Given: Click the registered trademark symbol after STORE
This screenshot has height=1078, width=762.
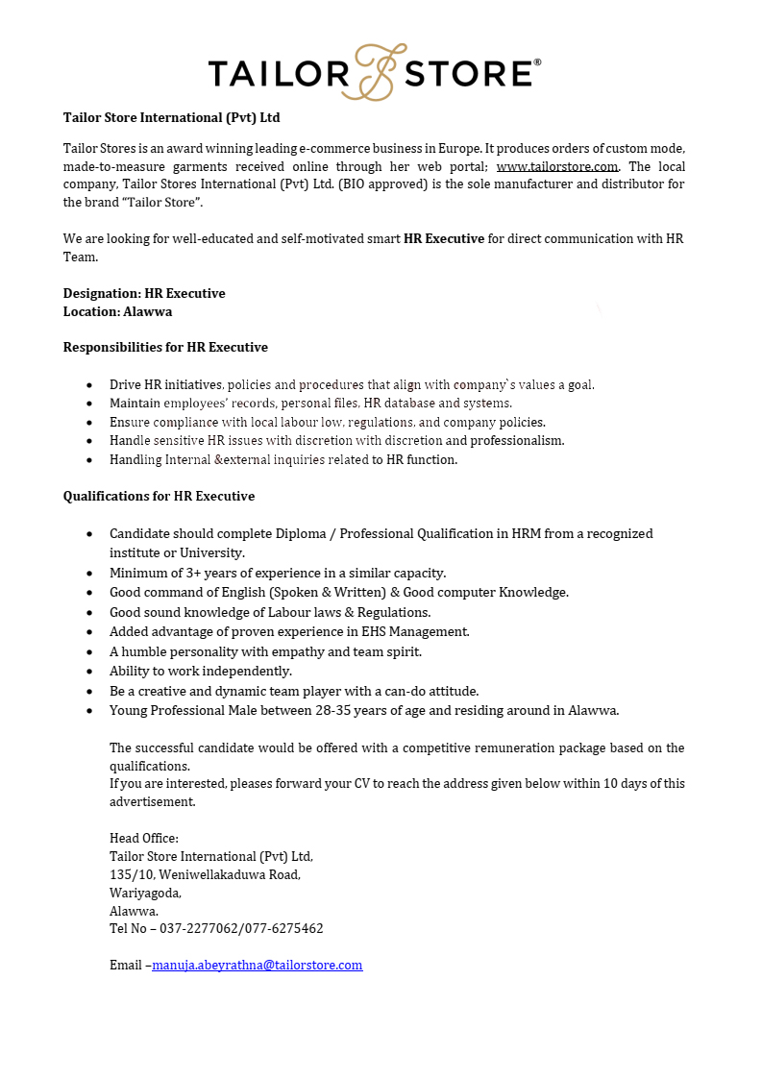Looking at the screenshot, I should point(537,62).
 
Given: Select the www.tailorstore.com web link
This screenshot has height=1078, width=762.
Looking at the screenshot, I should point(557,166).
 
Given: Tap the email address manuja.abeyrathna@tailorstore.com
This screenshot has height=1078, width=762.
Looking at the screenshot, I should point(258,965).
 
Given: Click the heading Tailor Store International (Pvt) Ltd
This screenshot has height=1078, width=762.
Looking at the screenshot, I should point(171,117).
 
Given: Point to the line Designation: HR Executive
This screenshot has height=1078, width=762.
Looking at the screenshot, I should point(144,293).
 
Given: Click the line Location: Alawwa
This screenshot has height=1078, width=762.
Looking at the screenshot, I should point(117,311).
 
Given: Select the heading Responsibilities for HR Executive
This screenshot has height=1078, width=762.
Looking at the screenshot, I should point(165,347).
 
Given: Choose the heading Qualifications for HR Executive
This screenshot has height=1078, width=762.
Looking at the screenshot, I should point(159,496).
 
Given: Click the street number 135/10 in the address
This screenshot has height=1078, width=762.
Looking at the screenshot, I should point(131,874).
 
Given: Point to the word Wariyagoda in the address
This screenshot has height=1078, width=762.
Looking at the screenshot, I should point(144,893).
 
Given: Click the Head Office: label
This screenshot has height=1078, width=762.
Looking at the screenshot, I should point(144,838).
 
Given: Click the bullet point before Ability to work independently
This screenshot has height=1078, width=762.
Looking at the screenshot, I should point(89,672).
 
